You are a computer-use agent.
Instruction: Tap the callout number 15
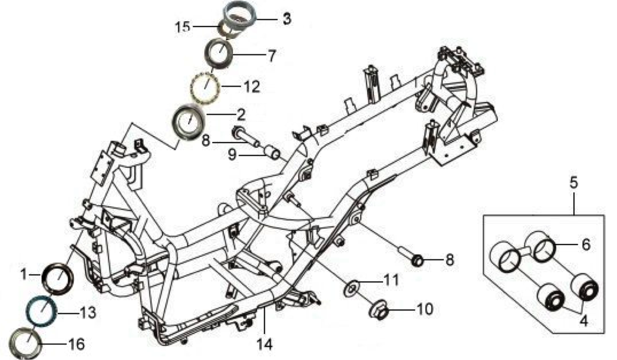click(183, 27)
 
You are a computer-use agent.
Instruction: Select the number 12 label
click(252, 87)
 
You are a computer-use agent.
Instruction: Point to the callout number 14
click(265, 344)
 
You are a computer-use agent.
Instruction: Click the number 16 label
click(77, 344)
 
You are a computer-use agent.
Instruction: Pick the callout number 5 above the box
click(574, 183)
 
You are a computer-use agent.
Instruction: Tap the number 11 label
click(391, 280)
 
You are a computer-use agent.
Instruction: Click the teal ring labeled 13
click(42, 311)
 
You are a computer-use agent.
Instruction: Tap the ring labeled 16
click(27, 341)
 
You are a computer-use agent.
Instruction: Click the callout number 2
click(241, 114)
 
